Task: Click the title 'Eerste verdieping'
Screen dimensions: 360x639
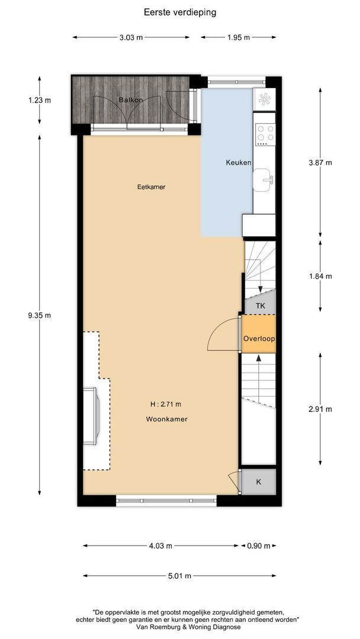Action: [x=180, y=12]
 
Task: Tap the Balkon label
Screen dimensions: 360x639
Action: [x=128, y=100]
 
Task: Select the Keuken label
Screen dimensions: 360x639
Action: [x=239, y=162]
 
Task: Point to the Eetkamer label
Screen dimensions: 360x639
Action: [x=151, y=187]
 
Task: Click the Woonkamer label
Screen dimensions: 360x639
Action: [x=167, y=419]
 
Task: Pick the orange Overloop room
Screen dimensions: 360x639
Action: [x=259, y=334]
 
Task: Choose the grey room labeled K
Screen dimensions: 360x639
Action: [x=259, y=482]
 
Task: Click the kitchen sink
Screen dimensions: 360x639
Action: [x=263, y=180]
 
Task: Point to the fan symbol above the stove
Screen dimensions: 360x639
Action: [x=264, y=99]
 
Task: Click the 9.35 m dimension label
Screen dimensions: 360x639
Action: [x=40, y=315]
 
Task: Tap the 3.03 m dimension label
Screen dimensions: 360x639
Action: [x=131, y=37]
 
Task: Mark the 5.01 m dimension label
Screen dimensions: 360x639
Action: [x=179, y=576]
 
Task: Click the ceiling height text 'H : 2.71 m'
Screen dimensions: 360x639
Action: [x=166, y=404]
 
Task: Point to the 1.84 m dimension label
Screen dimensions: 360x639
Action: [x=320, y=276]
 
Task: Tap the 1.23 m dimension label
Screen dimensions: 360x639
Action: [x=40, y=100]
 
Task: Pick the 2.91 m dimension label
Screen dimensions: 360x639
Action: [x=320, y=409]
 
